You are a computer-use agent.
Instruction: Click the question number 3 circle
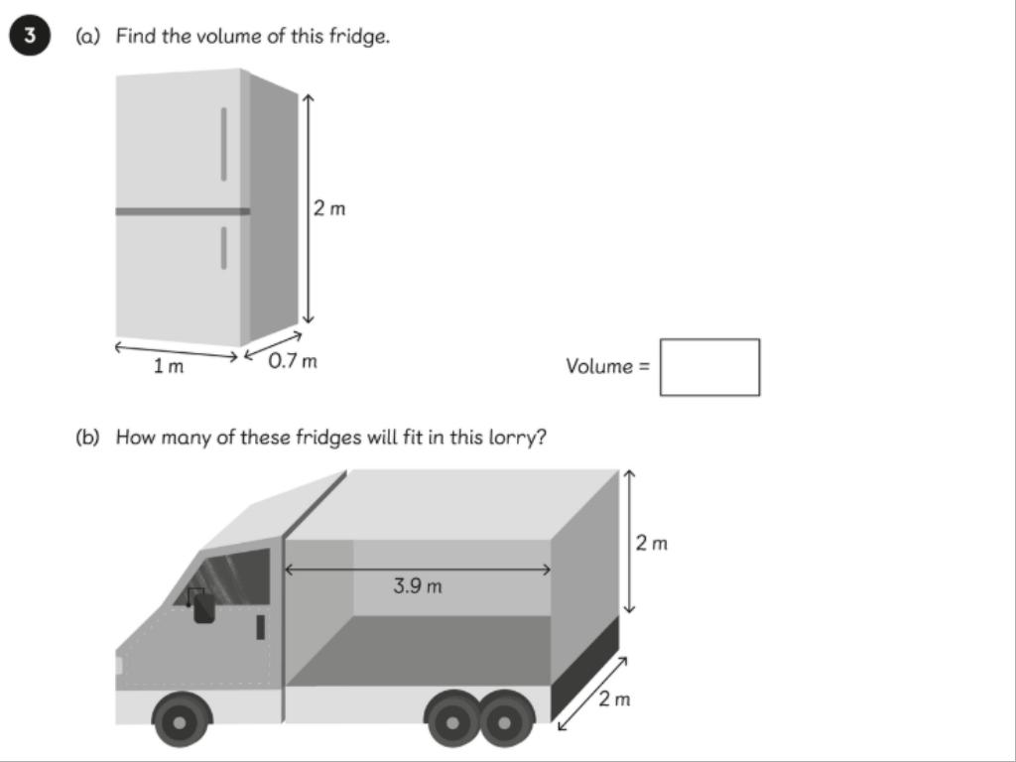(x=29, y=35)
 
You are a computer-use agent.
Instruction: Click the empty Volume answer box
(x=709, y=367)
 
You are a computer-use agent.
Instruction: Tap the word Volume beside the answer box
(x=598, y=366)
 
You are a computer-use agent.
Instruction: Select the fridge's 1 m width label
(x=169, y=367)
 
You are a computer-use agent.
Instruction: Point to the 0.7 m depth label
(x=293, y=361)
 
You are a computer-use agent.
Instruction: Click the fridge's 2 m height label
(x=329, y=208)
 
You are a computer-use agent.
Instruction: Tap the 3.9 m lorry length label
(x=418, y=586)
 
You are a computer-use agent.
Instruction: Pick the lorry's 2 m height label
(x=651, y=543)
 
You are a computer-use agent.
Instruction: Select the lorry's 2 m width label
(x=613, y=699)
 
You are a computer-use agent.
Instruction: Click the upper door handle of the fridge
(x=223, y=144)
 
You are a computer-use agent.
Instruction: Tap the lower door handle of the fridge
(x=223, y=247)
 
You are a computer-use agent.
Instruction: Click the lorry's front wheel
(x=181, y=720)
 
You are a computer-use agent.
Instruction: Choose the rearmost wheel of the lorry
(x=505, y=720)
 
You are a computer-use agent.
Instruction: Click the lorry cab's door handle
(x=261, y=627)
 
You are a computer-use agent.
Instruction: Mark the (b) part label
(x=87, y=438)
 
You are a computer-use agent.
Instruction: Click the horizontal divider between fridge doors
(x=183, y=211)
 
